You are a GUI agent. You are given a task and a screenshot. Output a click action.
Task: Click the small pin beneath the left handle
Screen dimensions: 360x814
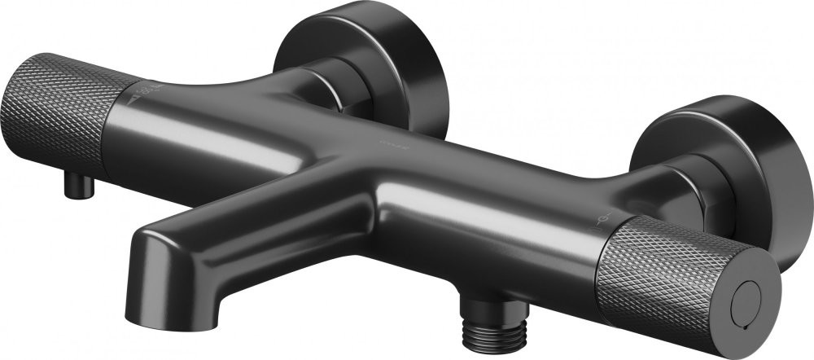pyautogui.click(x=81, y=185)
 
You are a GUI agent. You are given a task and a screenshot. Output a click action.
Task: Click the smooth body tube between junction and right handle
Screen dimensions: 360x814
pyautogui.click(x=505, y=212)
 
